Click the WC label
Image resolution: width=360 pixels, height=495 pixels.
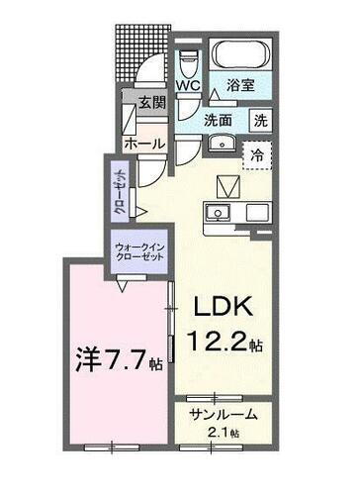click(x=188, y=86)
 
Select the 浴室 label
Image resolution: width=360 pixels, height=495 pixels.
click(x=240, y=86)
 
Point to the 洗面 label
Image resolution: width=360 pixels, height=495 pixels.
click(x=219, y=120)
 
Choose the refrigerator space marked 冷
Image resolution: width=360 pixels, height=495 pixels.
click(x=257, y=154)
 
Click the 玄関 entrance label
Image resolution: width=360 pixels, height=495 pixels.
click(x=150, y=102)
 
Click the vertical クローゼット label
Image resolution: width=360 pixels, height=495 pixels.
click(x=117, y=194)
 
